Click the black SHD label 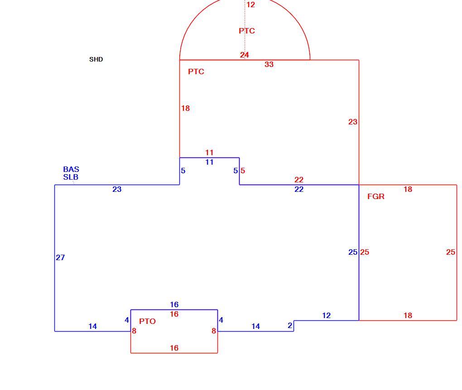click(96, 59)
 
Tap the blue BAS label click(71, 169)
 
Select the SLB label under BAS click(71, 177)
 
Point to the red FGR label click(376, 196)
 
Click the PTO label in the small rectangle click(147, 321)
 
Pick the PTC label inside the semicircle click(247, 31)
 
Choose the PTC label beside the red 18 click(196, 71)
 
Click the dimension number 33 click(269, 64)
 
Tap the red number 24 click(244, 55)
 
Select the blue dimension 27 click(60, 257)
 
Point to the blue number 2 click(290, 325)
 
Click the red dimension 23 click(353, 122)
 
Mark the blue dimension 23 click(117, 189)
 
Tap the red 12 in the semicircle click(251, 5)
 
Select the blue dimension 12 click(327, 315)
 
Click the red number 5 click(243, 171)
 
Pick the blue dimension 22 click(299, 189)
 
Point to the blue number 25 click(353, 252)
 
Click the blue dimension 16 click(174, 304)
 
